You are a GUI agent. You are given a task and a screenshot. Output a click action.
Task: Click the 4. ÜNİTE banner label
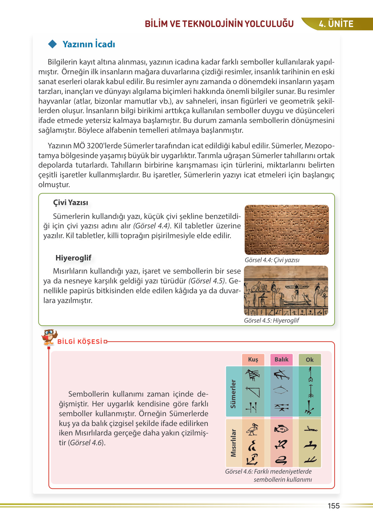[336, 24]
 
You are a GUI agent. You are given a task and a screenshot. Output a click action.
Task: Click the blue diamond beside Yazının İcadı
[53, 44]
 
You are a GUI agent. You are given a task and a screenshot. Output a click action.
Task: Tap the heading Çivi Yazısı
[70, 202]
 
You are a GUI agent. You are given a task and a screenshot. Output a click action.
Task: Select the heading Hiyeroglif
[73, 258]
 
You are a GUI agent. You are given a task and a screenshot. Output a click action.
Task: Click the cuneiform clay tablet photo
[286, 230]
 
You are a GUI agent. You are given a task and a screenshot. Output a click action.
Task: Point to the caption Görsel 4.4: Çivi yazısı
[272, 260]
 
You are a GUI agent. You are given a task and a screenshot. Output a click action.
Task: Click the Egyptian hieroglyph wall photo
[286, 291]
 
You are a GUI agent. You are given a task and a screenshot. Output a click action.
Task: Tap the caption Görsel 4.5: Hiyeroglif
[271, 320]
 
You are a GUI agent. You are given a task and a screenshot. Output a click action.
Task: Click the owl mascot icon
[49, 336]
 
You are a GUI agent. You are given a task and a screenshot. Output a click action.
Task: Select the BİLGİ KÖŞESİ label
[80, 342]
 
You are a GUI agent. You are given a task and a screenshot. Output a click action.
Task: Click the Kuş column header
[253, 359]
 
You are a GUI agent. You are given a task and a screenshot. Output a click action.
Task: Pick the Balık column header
[281, 359]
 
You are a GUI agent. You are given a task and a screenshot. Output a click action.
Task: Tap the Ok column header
[310, 360]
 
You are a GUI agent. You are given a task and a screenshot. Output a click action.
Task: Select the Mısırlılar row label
[233, 443]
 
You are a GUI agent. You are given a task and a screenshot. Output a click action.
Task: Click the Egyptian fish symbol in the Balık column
[281, 429]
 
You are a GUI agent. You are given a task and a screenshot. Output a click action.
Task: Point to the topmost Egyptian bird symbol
[252, 429]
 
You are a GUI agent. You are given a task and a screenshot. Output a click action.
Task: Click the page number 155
[334, 506]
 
